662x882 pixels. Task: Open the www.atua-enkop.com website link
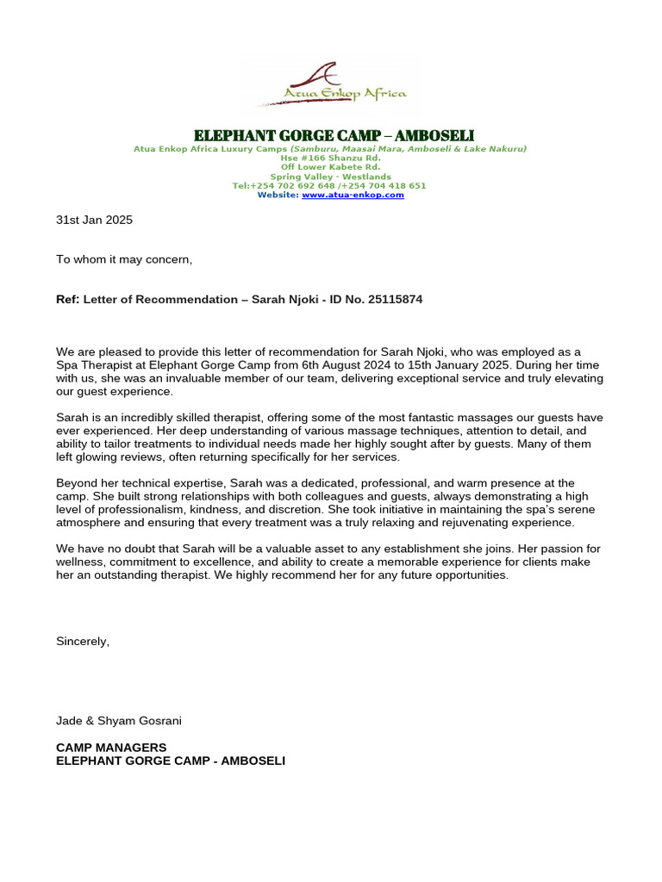[353, 196]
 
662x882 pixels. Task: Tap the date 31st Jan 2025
[95, 220]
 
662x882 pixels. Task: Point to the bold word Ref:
[68, 299]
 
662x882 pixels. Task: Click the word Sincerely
[83, 641]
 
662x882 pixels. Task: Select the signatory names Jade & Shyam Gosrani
[119, 720]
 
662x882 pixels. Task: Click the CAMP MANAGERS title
[111, 748]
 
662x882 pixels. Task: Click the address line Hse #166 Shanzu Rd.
[331, 158]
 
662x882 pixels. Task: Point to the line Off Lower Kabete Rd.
[331, 167]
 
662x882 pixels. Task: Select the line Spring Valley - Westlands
[331, 177]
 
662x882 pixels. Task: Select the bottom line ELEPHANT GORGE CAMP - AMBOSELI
[171, 761]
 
